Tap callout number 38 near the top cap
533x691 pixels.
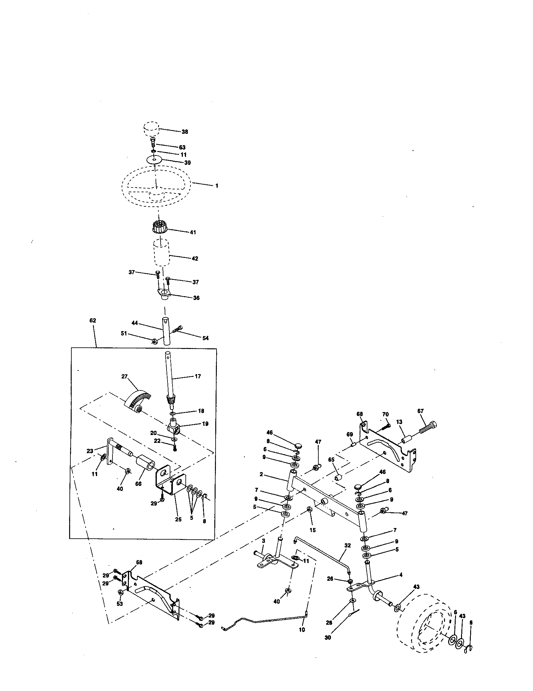click(185, 132)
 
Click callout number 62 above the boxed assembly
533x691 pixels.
click(92, 320)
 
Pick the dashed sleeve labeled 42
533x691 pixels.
click(162, 254)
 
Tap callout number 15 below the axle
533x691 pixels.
click(312, 530)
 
